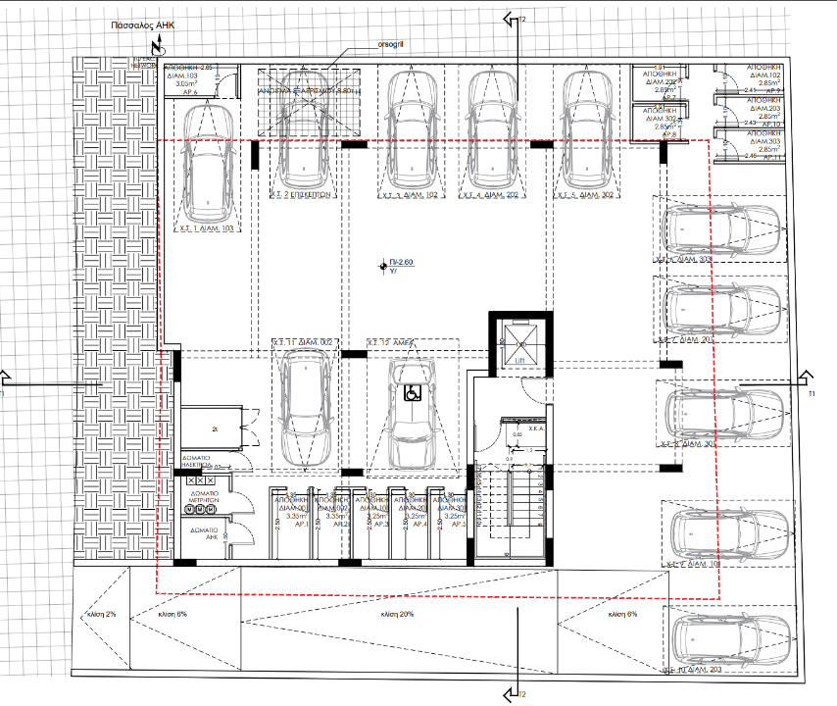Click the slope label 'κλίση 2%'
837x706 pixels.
pos(104,614)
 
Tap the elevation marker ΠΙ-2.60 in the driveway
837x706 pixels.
pos(395,264)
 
